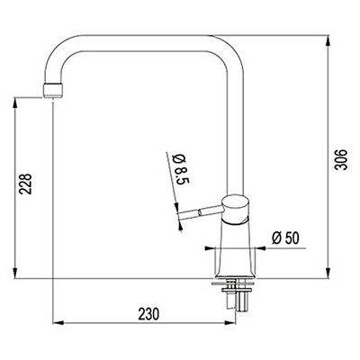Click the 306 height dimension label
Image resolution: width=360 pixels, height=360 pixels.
click(341, 159)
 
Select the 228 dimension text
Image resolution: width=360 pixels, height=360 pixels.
click(25, 184)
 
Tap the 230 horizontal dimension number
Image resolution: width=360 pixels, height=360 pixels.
click(148, 314)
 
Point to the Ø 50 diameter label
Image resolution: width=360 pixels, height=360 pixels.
click(285, 238)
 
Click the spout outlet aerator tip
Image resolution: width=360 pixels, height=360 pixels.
click(53, 90)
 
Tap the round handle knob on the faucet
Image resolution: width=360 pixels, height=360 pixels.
click(236, 210)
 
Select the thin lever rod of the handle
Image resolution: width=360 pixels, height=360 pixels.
click(201, 213)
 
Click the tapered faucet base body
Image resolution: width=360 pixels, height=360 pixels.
click(236, 249)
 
